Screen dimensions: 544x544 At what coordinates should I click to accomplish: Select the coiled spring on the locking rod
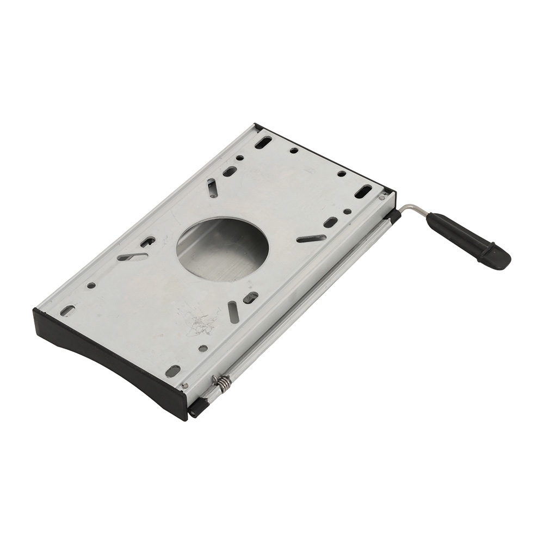pyautogui.click(x=222, y=384)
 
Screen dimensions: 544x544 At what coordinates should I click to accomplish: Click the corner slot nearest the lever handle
pyautogui.click(x=363, y=191)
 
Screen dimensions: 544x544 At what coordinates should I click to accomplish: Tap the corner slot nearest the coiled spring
pyautogui.click(x=172, y=371)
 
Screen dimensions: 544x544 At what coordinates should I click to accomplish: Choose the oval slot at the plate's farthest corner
pyautogui.click(x=263, y=143)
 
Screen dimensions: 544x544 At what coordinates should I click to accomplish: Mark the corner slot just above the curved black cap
pyautogui.click(x=67, y=311)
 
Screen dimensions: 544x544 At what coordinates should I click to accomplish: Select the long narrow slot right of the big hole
pyautogui.click(x=311, y=238)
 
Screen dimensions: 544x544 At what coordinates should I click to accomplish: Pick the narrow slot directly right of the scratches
pyautogui.click(x=233, y=312)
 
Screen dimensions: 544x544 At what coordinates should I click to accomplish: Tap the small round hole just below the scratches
pyautogui.click(x=203, y=348)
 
